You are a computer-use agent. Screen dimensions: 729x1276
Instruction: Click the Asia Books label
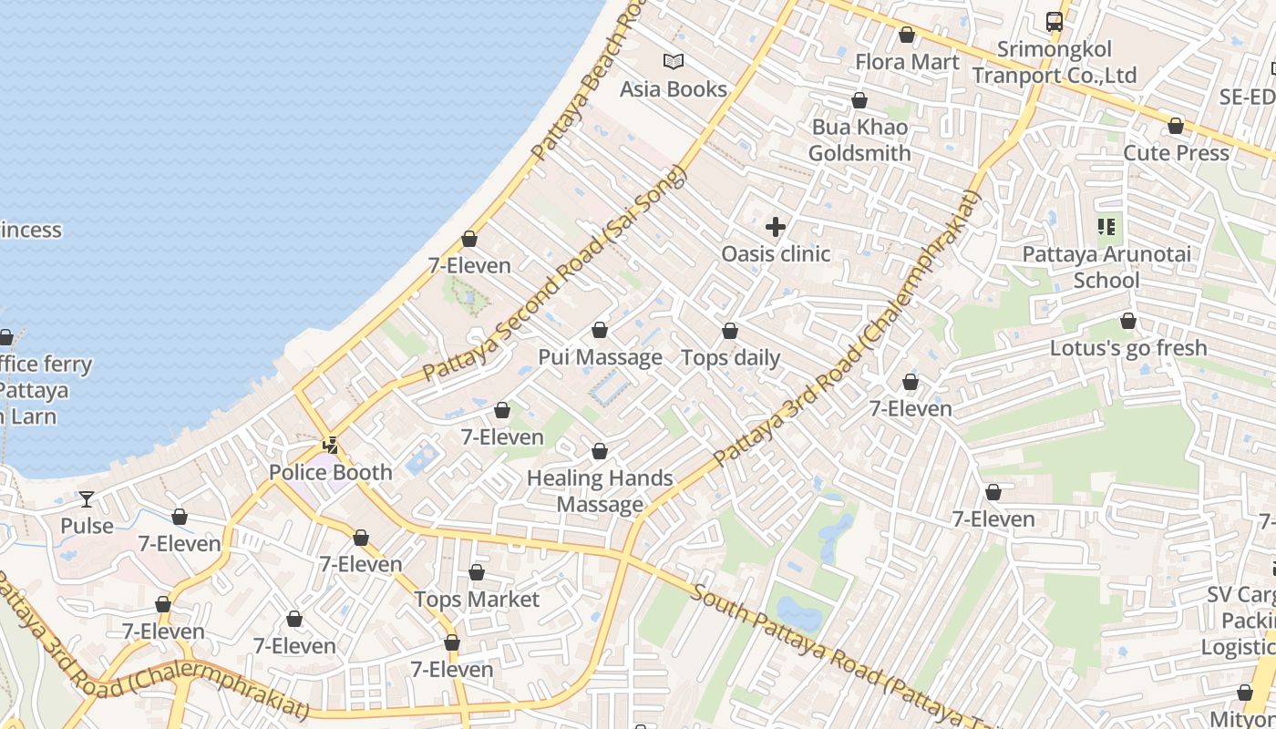pyautogui.click(x=674, y=89)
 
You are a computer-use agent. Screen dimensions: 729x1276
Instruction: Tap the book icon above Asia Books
pyautogui.click(x=674, y=61)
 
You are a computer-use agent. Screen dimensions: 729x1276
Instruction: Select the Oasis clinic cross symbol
pyautogui.click(x=776, y=226)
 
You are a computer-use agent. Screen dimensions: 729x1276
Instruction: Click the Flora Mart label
pyautogui.click(x=907, y=62)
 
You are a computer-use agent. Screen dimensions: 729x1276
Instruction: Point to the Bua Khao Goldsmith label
pyautogui.click(x=859, y=139)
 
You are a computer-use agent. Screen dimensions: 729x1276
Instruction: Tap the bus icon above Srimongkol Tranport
pyautogui.click(x=1054, y=22)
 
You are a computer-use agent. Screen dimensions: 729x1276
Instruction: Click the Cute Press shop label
pyautogui.click(x=1176, y=152)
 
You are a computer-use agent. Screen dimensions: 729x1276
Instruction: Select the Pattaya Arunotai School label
pyautogui.click(x=1106, y=267)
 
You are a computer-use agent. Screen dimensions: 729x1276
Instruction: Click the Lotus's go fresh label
pyautogui.click(x=1127, y=348)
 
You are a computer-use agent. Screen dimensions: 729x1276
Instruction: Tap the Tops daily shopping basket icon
pyautogui.click(x=730, y=331)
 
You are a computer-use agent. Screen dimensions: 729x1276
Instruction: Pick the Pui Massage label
pyautogui.click(x=600, y=357)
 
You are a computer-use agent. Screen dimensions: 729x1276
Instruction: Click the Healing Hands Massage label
pyautogui.click(x=600, y=491)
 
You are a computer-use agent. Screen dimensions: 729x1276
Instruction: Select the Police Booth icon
pyautogui.click(x=332, y=446)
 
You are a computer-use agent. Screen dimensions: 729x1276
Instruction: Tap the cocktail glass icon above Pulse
pyautogui.click(x=87, y=498)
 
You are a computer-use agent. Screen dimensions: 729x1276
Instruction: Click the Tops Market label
pyautogui.click(x=477, y=600)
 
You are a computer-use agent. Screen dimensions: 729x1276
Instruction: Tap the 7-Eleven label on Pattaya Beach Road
pyautogui.click(x=469, y=266)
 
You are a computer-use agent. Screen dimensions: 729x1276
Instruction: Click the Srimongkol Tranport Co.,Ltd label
pyautogui.click(x=1054, y=62)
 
